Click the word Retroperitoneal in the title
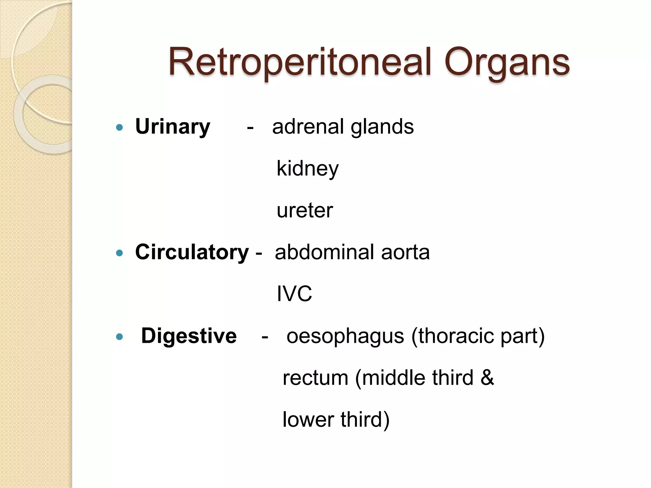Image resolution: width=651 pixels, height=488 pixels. click(x=300, y=62)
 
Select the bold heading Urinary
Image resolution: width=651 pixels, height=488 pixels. click(x=173, y=127)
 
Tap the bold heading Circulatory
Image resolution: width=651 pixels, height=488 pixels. click(x=192, y=252)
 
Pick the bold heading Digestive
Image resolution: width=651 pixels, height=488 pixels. click(x=189, y=336)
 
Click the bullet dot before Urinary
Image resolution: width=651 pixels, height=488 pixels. click(x=120, y=128)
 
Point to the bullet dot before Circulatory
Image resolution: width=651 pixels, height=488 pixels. click(x=120, y=253)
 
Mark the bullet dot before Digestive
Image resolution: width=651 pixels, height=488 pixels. click(x=120, y=337)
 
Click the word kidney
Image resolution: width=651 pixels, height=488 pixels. click(x=307, y=169)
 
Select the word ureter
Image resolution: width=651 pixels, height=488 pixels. click(x=305, y=210)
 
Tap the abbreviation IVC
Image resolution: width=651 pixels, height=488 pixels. click(x=294, y=294)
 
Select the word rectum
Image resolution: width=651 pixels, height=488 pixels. click(x=315, y=378)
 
